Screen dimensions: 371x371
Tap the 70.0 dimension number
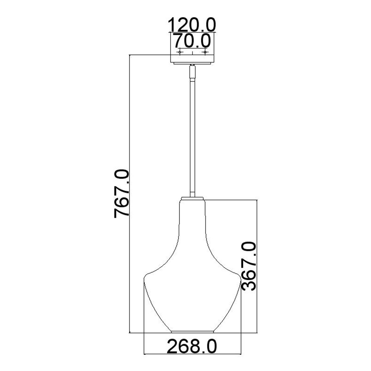[192, 41]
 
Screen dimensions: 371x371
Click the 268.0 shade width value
[192, 346]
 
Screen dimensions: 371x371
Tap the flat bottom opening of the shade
[192, 332]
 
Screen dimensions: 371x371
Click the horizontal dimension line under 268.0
[192, 353]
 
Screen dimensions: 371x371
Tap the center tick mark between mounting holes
[192, 53]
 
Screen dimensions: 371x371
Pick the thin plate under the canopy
[192, 63]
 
